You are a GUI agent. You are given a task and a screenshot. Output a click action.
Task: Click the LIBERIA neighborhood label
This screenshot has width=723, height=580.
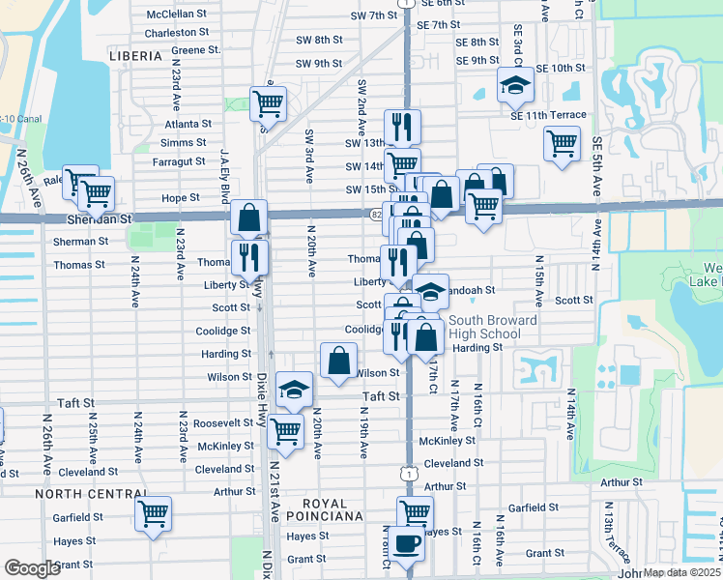pos(135,57)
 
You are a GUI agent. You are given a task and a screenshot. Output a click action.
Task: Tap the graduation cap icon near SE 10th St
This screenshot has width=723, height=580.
pos(515,84)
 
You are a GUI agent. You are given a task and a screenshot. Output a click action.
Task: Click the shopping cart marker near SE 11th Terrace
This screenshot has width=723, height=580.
pos(562,143)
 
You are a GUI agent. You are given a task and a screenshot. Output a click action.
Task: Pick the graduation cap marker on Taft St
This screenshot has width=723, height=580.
pos(294,389)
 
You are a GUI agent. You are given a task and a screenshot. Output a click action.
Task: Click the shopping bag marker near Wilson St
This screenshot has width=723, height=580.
pos(338,362)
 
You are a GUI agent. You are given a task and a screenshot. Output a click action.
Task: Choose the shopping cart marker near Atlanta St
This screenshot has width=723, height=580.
pos(268,102)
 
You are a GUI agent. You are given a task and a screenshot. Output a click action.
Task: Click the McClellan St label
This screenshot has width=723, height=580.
pos(177,14)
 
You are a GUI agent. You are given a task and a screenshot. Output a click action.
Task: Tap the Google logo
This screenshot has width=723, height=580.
pos(32,568)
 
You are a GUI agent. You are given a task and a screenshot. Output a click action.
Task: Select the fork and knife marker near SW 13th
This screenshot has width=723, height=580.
pos(401,127)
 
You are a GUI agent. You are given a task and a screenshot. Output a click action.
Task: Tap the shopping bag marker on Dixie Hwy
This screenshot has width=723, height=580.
pos(248,217)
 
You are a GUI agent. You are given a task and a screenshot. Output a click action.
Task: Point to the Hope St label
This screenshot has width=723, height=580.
pos(180,197)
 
